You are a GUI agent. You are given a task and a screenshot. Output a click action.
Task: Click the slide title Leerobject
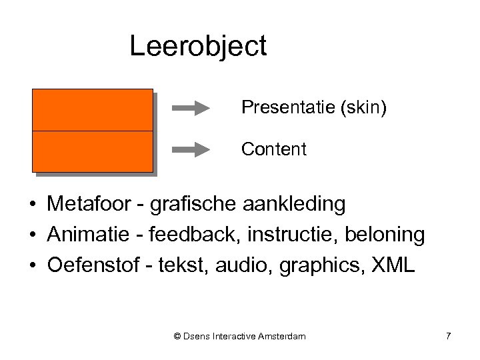[198, 47]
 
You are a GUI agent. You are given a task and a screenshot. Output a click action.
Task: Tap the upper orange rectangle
[92, 110]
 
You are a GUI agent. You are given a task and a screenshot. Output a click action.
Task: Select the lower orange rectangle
[92, 151]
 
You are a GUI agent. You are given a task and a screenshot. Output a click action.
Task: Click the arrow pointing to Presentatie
[191, 108]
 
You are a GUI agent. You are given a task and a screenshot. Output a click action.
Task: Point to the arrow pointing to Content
[191, 149]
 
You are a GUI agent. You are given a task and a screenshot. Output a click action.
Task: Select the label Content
[274, 149]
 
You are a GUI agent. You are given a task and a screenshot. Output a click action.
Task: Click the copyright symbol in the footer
[177, 337]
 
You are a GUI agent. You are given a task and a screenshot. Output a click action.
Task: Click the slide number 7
[448, 337]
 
